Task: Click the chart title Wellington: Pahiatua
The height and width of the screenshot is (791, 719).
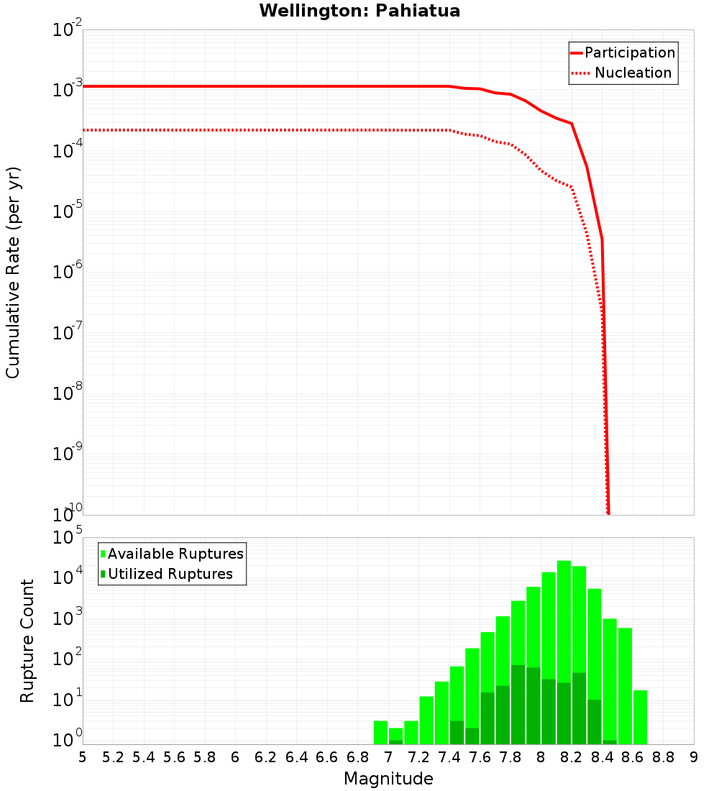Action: [x=359, y=11]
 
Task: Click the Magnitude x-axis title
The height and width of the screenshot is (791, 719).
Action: [x=388, y=779]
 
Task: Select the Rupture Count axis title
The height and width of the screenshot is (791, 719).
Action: [x=27, y=641]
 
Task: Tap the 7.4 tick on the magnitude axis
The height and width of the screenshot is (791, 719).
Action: [x=449, y=757]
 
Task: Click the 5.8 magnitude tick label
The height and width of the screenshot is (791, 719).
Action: [x=205, y=757]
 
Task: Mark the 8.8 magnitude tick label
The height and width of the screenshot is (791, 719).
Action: [x=663, y=757]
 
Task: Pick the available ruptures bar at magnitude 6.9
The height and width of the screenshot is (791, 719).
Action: [x=380, y=732]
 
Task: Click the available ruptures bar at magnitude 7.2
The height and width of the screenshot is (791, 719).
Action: [x=426, y=720]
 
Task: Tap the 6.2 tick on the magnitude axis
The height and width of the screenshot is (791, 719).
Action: [x=266, y=757]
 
